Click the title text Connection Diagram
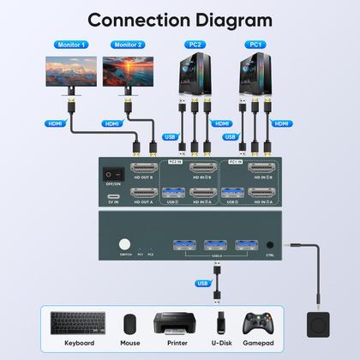point(180,19)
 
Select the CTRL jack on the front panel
point(270,243)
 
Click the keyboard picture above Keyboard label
point(78,324)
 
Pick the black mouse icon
point(130,324)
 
